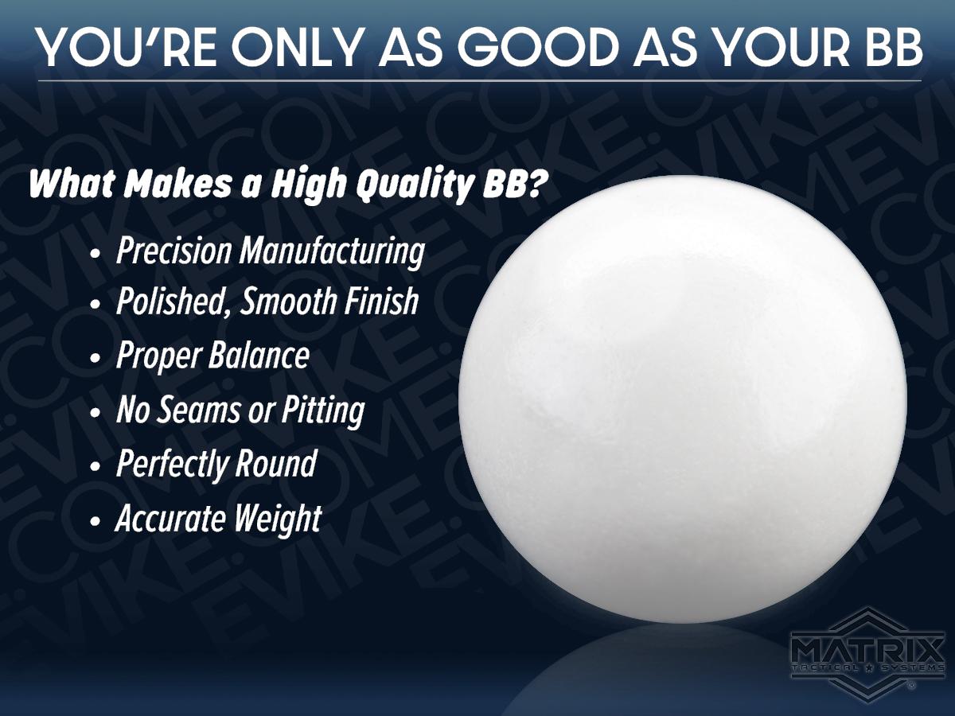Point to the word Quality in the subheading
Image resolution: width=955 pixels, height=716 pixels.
[x=412, y=185]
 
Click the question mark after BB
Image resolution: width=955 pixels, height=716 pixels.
[x=533, y=183]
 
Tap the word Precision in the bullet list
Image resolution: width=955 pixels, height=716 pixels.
[x=174, y=251]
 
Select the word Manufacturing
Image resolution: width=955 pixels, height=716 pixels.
[x=332, y=252]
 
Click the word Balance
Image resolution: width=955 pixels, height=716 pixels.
[x=259, y=355]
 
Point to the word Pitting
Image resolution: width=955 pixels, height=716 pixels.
[x=323, y=411]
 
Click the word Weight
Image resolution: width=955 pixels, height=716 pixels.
[x=278, y=519]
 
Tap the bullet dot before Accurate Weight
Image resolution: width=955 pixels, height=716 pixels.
[x=95, y=521]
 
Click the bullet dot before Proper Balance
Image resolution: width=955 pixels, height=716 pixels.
[x=95, y=359]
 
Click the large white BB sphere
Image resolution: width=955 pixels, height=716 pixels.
[x=683, y=399]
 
